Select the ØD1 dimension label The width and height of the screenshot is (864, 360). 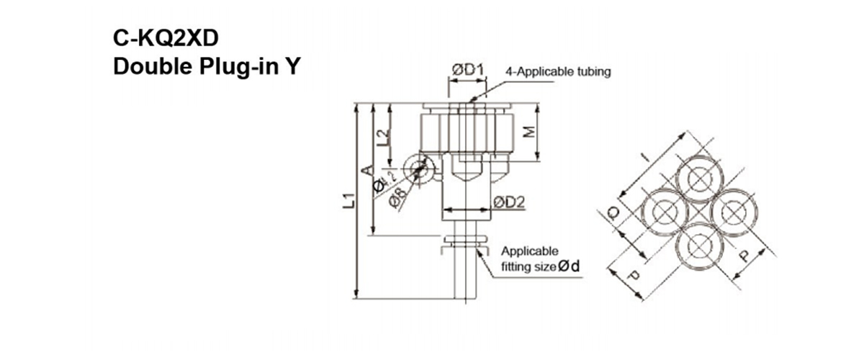[x=467, y=70]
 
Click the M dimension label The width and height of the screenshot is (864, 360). [x=528, y=133]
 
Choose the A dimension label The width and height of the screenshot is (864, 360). [x=367, y=171]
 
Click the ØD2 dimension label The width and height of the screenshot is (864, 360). [x=507, y=203]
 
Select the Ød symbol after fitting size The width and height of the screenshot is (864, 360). [x=570, y=266]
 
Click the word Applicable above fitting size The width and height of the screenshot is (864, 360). [x=529, y=251]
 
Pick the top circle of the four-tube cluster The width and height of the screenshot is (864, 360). [x=698, y=179]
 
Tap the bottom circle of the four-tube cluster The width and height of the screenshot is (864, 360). [x=698, y=245]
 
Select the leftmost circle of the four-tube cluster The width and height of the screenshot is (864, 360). [x=665, y=212]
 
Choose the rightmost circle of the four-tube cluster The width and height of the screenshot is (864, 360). [x=731, y=212]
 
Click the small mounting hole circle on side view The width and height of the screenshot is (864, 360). [x=418, y=167]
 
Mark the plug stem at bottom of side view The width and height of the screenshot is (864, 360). [x=465, y=277]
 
